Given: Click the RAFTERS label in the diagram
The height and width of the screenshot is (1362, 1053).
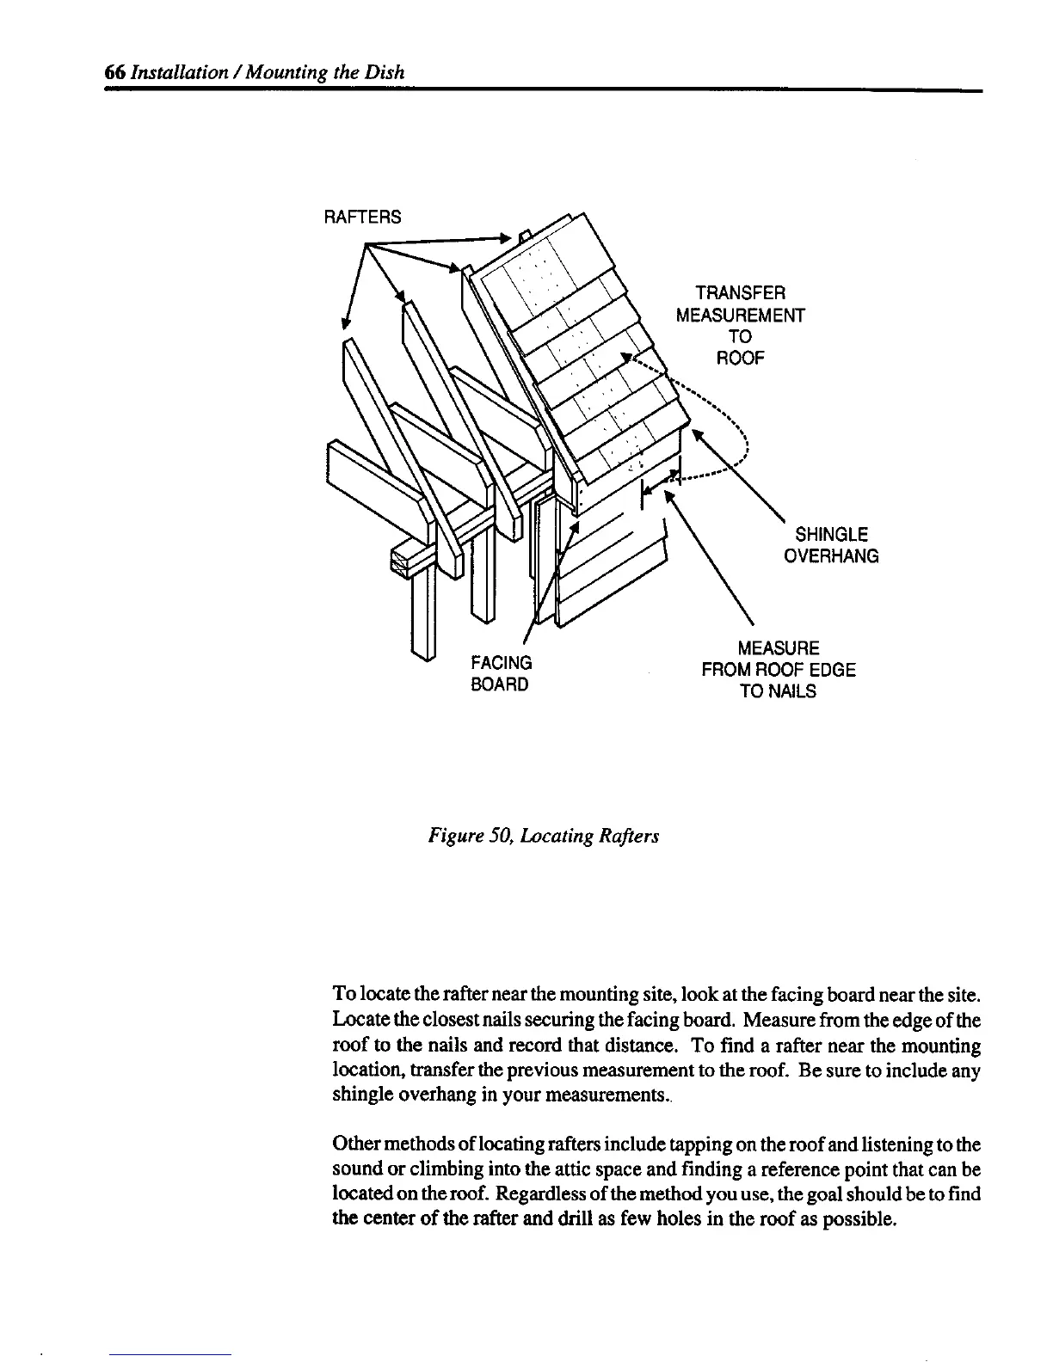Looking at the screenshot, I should click(x=361, y=217).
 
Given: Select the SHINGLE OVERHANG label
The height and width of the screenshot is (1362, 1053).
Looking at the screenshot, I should click(x=831, y=544).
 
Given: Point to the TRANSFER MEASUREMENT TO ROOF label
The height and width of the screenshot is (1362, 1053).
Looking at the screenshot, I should click(x=740, y=325).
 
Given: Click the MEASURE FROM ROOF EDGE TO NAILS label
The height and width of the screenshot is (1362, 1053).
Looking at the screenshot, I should click(x=779, y=669).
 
